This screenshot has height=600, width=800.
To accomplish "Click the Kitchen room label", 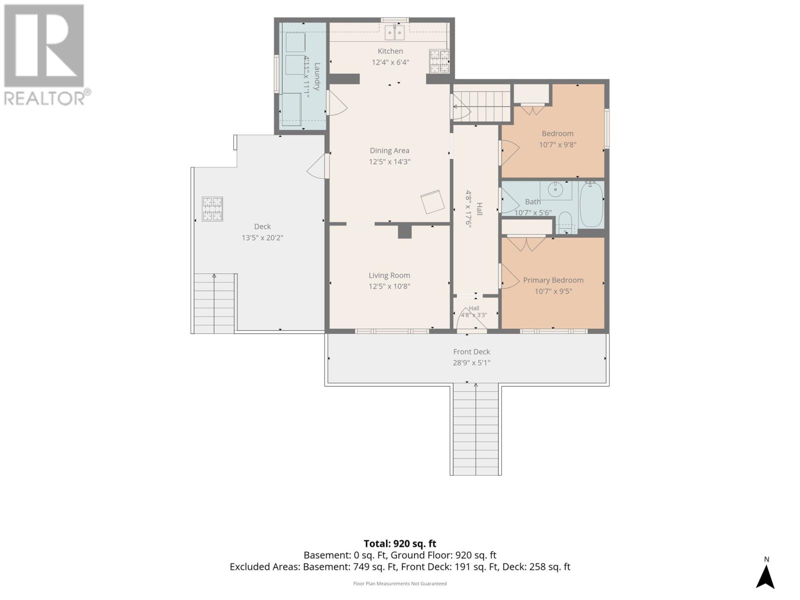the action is (390, 51).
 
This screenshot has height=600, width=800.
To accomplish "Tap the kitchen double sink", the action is (394, 33).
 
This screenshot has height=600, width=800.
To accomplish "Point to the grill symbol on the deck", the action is (212, 208).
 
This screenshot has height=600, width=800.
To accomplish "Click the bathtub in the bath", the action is (591, 204).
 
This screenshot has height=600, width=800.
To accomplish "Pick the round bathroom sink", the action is (555, 190).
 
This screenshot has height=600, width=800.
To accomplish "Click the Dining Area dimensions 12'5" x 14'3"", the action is (389, 161).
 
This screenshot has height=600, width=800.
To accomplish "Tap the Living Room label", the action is (389, 275).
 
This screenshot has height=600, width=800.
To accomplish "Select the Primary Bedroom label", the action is (553, 280).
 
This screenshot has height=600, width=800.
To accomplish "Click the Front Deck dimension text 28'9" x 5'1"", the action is (471, 363).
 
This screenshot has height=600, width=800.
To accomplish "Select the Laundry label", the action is (317, 76).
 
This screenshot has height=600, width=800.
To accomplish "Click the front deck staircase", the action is (475, 430).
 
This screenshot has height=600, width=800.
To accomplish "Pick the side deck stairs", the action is (214, 303).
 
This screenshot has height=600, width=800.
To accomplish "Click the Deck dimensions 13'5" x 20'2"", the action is (262, 238).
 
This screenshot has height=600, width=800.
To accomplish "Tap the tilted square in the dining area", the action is (432, 201).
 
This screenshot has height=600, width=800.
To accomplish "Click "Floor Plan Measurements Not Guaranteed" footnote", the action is (400, 583).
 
